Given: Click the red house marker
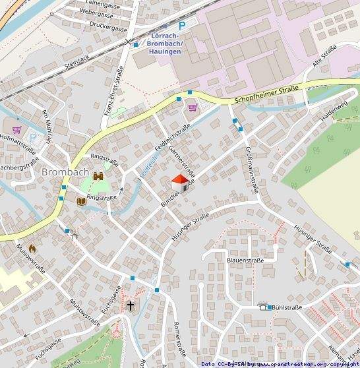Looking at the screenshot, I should pyautogui.click(x=180, y=183).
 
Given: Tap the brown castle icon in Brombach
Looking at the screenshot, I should pyautogui.click(x=99, y=177).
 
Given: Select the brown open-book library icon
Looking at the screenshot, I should pyautogui.click(x=81, y=200).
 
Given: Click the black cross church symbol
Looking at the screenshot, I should pyautogui.click(x=131, y=305).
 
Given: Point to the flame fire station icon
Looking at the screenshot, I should pyautogui.click(x=31, y=249).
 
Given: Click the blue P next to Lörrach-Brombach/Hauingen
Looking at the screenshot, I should pyautogui.click(x=185, y=24).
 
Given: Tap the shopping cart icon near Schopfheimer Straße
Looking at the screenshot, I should pyautogui.click(x=193, y=107).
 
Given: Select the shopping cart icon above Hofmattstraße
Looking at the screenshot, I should pyautogui.click(x=16, y=129).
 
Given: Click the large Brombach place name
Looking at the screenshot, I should pyautogui.click(x=64, y=172).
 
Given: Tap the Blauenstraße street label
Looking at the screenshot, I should pyautogui.click(x=245, y=261).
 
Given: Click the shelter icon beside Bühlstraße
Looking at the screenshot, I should pyautogui.click(x=264, y=307).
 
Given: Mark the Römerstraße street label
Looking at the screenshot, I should pyautogui.click(x=176, y=338).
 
